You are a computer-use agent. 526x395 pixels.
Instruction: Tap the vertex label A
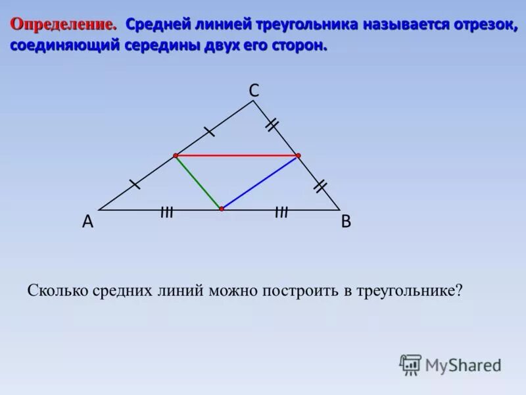coord(87,223)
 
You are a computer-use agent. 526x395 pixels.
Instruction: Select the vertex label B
coord(346,223)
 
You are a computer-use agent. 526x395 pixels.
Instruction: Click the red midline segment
coord(237,156)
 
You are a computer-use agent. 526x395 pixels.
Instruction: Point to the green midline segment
coord(199,182)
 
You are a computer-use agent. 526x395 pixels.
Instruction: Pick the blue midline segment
coord(260,182)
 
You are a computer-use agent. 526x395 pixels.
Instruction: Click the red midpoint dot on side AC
coord(176,156)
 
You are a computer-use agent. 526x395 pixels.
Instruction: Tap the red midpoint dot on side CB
coord(298,156)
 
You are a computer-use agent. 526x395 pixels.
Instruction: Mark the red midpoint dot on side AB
coord(222,209)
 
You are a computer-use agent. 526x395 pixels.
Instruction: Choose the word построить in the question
coord(299,290)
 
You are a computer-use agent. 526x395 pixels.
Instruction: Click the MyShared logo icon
coord(410,364)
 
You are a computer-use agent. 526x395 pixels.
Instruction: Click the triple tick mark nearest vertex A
coord(166,212)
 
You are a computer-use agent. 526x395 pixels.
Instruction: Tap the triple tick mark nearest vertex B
coord(281,212)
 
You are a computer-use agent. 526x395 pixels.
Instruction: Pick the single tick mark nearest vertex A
coord(135,184)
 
